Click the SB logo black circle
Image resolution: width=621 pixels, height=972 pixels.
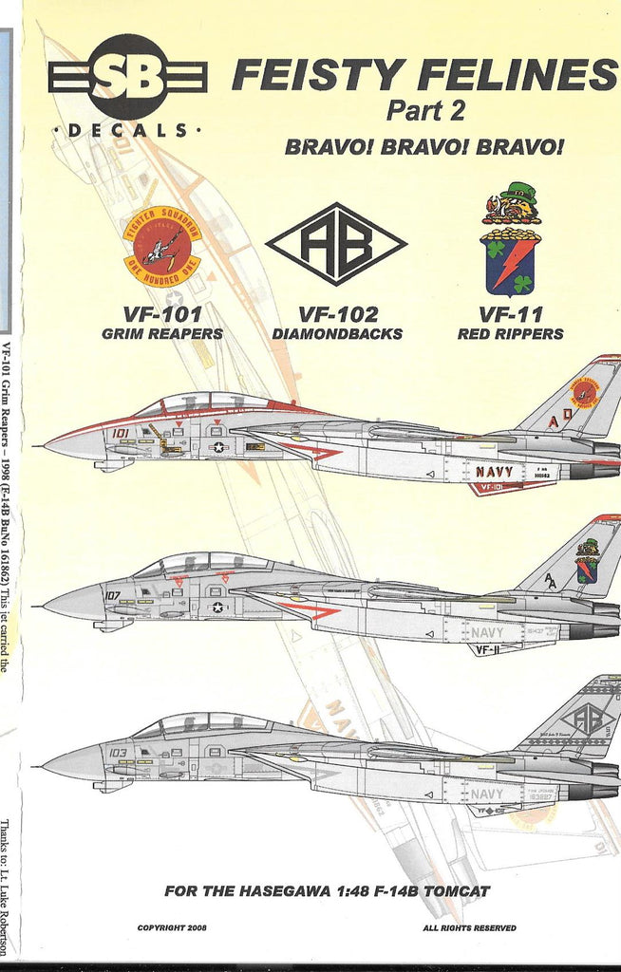tap(126, 77)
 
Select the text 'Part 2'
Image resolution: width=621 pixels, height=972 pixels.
tap(424, 111)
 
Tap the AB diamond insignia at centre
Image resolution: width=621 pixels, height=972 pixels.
tap(336, 244)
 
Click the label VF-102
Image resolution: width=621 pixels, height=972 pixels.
tap(338, 314)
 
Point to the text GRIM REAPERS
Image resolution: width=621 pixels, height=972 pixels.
tap(162, 334)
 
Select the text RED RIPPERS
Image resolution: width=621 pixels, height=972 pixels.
tap(510, 334)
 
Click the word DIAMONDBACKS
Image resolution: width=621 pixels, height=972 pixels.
tap(338, 334)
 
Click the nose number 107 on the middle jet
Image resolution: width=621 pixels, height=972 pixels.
tap(114, 596)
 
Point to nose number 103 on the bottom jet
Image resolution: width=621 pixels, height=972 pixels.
tap(118, 753)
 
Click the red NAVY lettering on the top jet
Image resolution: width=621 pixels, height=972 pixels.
tap(494, 472)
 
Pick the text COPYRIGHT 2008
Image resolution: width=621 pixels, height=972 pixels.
tap(172, 927)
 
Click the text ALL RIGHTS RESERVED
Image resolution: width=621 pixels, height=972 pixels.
tap(469, 927)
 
